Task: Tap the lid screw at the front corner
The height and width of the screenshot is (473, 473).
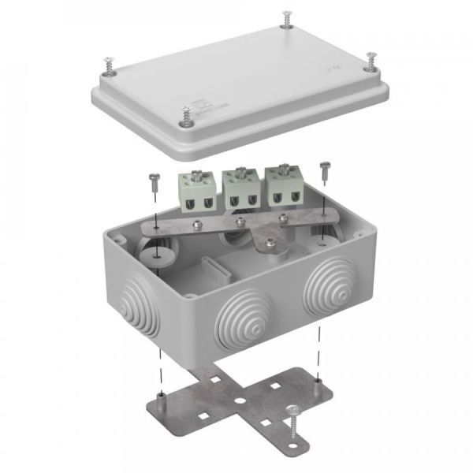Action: click(186, 117)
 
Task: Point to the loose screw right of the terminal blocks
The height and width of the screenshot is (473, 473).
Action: click(324, 168)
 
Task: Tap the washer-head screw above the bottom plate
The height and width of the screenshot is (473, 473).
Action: click(296, 413)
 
